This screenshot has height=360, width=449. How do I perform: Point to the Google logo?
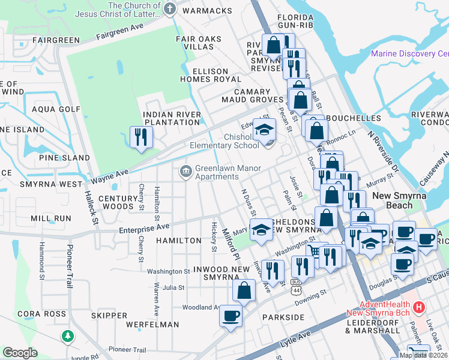point(20,353)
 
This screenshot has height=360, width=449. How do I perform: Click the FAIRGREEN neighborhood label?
point(56,40)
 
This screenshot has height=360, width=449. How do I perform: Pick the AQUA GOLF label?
point(56,109)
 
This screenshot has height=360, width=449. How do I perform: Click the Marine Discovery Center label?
point(409,53)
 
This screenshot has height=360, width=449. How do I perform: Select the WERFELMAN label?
point(152,324)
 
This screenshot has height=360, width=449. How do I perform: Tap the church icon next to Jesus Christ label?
point(169,9)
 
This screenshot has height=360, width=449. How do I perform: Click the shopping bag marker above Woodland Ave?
point(243,290)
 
